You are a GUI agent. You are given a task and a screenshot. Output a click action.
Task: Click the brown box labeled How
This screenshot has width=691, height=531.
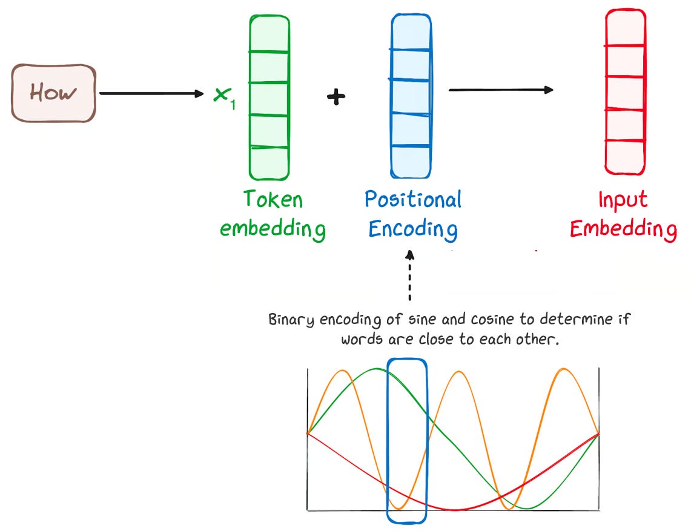[x=53, y=93]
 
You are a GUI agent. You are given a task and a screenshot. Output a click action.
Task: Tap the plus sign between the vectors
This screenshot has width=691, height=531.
[x=336, y=97]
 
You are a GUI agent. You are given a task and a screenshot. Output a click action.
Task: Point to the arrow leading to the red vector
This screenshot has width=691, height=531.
[x=500, y=90]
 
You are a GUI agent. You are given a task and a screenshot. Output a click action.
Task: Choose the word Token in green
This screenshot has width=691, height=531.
[x=273, y=199]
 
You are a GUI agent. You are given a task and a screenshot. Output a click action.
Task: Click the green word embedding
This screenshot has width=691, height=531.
[x=273, y=229]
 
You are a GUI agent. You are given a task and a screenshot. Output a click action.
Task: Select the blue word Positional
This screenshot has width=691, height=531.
[x=412, y=199]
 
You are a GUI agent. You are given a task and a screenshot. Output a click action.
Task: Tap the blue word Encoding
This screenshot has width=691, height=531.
[x=412, y=229]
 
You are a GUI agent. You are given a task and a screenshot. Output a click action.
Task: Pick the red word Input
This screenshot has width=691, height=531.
[x=623, y=199]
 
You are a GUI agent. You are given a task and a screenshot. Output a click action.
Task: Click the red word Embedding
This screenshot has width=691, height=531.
[x=623, y=229]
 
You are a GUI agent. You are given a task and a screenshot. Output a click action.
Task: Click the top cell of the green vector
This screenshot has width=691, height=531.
[x=269, y=35]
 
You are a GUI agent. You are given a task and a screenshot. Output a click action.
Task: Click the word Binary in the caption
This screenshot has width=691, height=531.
[x=291, y=318]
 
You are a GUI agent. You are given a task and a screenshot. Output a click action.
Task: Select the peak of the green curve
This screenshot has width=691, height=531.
[x=378, y=369]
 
